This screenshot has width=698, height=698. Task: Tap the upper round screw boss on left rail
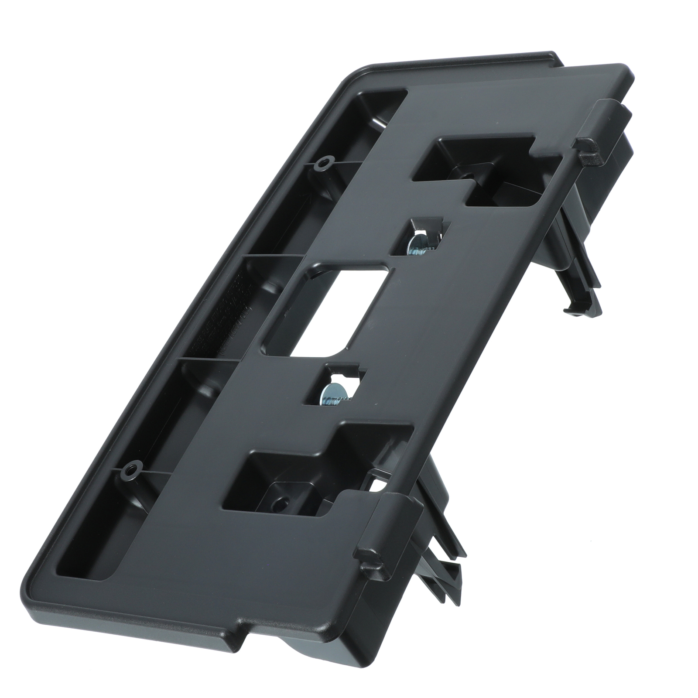coord(322,164)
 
